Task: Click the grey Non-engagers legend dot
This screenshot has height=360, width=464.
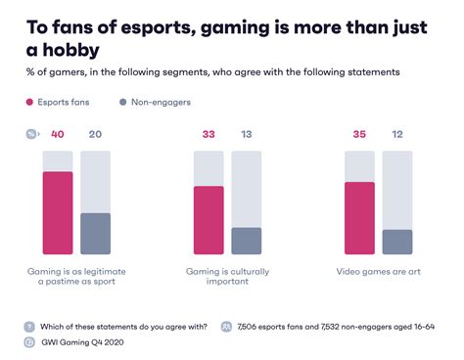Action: coord(123,101)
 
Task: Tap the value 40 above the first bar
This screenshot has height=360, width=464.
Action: coord(58,135)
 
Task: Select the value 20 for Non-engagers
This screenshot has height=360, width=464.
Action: coord(95,135)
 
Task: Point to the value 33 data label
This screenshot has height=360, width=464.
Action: coord(209,135)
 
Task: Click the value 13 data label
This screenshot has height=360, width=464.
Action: coord(247,135)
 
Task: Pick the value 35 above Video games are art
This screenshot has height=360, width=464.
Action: coord(360,135)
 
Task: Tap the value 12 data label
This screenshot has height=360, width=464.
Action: coord(397,135)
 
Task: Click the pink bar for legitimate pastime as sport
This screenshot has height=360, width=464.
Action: coord(58,213)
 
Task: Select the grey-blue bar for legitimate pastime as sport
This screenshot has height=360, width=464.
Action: coord(95,235)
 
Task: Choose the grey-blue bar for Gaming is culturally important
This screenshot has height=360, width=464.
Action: coord(247,242)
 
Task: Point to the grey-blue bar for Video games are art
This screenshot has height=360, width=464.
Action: coord(397,243)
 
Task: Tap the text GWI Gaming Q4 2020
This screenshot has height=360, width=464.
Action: coord(85,342)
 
